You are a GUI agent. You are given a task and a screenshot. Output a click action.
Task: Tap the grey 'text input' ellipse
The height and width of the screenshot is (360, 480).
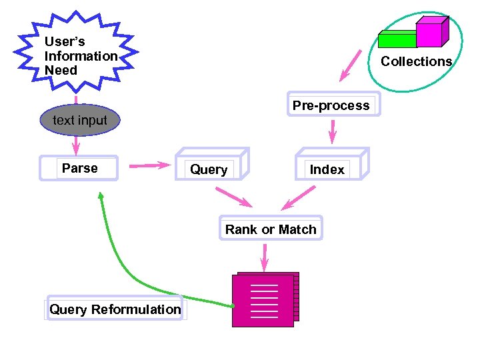pos(79,121)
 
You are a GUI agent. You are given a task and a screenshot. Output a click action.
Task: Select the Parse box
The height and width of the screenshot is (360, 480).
pos(79,169)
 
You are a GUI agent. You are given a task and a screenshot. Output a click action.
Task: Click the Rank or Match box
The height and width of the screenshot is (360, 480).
pos(271,229)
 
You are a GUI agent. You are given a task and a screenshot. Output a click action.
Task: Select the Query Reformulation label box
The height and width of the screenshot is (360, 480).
pos(115,309)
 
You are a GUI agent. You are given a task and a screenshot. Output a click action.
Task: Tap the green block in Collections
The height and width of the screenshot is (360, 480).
pos(397,39)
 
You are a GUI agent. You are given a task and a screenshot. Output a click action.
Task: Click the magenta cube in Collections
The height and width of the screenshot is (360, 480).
pos(430,33)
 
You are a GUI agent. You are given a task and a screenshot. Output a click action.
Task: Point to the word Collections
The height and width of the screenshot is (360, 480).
pos(416,61)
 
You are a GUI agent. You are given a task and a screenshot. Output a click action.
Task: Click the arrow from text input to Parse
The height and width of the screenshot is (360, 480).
pos(76,143)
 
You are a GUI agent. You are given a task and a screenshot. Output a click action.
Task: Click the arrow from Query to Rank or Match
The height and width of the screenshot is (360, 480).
pos(233,197)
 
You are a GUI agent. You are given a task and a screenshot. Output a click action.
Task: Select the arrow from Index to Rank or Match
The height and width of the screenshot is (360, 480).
pos(298,197)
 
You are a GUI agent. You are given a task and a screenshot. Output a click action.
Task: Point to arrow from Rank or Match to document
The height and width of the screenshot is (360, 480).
pos(265,257)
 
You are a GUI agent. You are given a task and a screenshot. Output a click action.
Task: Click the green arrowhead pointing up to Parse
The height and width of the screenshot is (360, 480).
pos(101,196)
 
